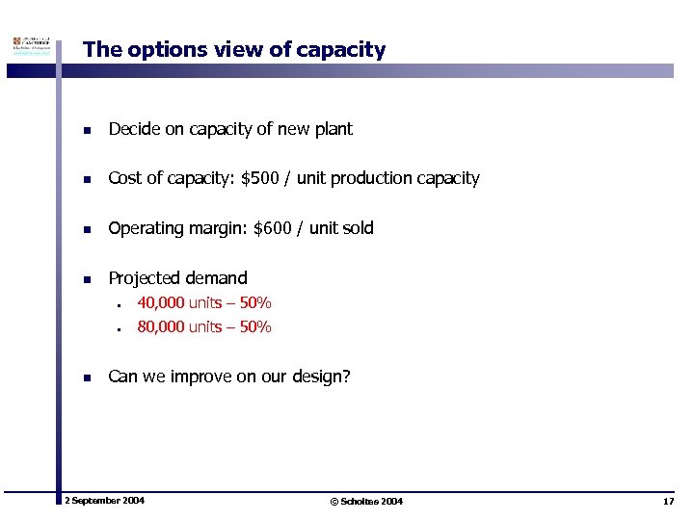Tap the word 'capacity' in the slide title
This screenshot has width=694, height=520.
click(x=345, y=50)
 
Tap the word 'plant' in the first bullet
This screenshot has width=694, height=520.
click(x=333, y=129)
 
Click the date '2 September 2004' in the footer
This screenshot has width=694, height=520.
click(x=104, y=501)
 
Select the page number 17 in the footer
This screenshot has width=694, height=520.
click(x=668, y=502)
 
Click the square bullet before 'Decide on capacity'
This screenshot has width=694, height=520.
click(x=87, y=130)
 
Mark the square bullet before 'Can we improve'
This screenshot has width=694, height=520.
click(x=87, y=377)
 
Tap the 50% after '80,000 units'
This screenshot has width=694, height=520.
click(x=255, y=327)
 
